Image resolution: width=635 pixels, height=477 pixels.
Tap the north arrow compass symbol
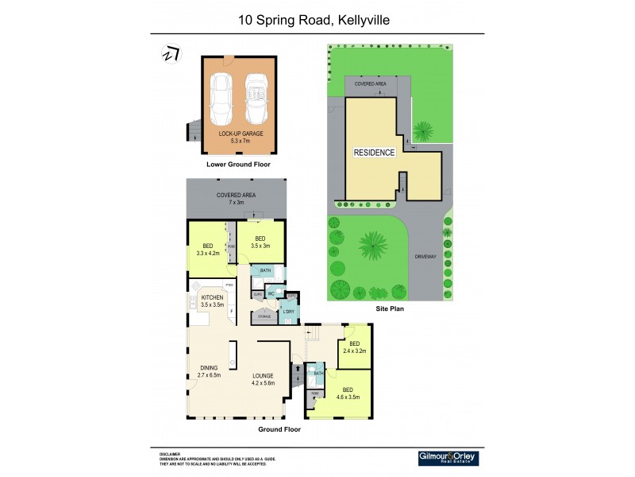point(168,54)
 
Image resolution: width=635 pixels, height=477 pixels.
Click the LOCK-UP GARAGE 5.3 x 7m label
point(241,138)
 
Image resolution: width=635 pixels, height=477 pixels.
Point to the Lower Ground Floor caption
point(238,165)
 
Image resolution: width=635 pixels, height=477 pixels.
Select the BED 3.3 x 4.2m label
point(207,250)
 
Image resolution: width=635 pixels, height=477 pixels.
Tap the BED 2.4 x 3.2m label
point(354,347)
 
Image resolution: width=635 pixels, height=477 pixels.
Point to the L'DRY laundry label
point(289,311)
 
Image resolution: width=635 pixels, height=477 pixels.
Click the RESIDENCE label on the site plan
point(374,153)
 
